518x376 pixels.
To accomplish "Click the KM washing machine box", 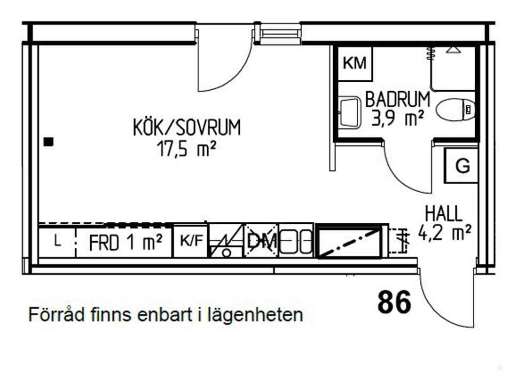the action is tap(355, 63).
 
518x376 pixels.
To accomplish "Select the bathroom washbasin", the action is tap(349, 112).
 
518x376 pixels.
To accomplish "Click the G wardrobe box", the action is tap(461, 165).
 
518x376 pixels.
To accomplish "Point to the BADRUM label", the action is tap(397, 99).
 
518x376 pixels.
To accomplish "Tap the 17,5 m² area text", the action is tap(186, 149).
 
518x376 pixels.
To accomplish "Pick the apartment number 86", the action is tap(394, 302).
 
